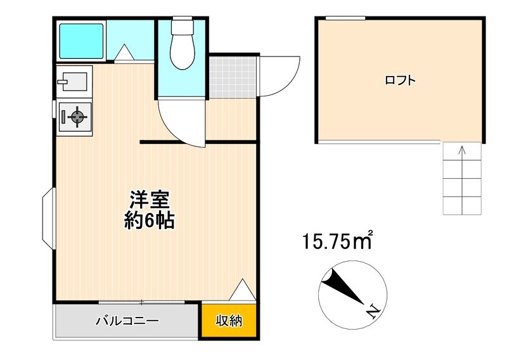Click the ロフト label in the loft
(400, 80)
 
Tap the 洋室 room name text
(150, 200)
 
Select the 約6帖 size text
(150, 221)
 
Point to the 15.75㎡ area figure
(338, 241)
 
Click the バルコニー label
(128, 321)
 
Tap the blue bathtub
(81, 41)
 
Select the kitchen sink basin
(74, 82)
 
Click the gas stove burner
(77, 117)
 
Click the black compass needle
(343, 287)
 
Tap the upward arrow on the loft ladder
(463, 180)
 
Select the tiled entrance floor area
(233, 77)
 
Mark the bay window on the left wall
(49, 219)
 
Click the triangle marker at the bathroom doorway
(124, 52)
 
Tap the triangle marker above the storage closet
(243, 290)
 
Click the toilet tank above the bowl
(183, 24)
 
